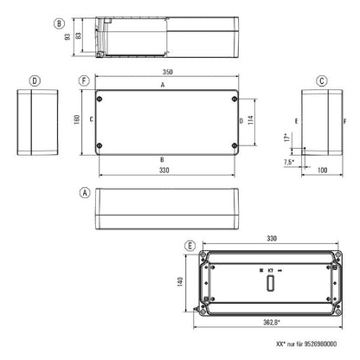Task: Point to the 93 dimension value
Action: click(x=66, y=37)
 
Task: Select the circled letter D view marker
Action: click(x=34, y=80)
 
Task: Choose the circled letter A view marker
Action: click(x=83, y=192)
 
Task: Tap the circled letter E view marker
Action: click(x=190, y=247)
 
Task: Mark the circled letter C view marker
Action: click(x=321, y=80)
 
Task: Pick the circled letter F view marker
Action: click(x=83, y=80)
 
